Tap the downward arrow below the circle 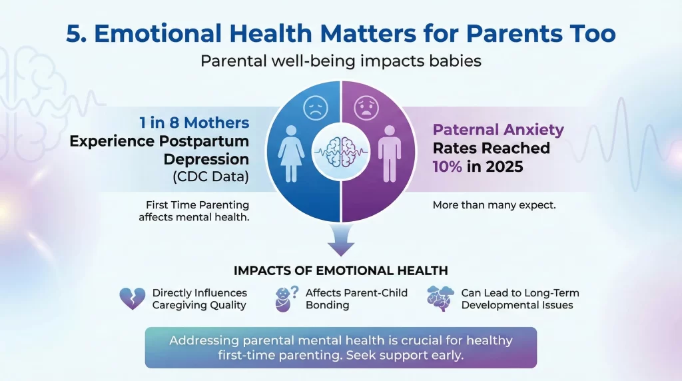(341, 240)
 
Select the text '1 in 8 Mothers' (194, 123)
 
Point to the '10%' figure (447, 166)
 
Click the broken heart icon (132, 298)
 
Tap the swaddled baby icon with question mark (286, 299)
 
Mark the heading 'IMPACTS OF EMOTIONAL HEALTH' (340, 270)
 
